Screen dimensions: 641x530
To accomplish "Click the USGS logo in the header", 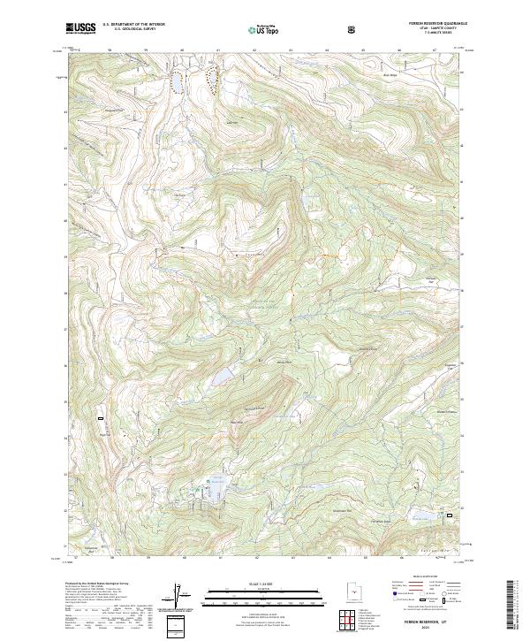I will point(81,28).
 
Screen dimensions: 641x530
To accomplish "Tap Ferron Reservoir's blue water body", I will point(216,485).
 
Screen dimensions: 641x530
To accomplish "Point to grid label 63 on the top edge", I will point(291,51).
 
